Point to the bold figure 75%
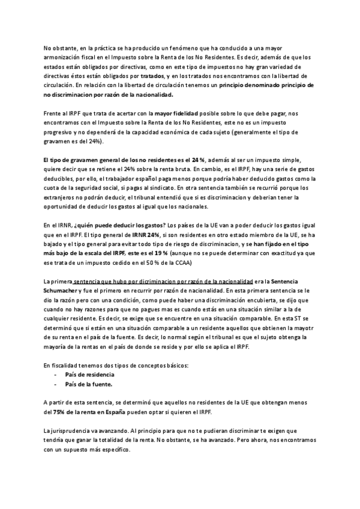(x=59, y=412)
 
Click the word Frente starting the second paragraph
(x=53, y=113)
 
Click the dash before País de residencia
(x=56, y=374)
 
